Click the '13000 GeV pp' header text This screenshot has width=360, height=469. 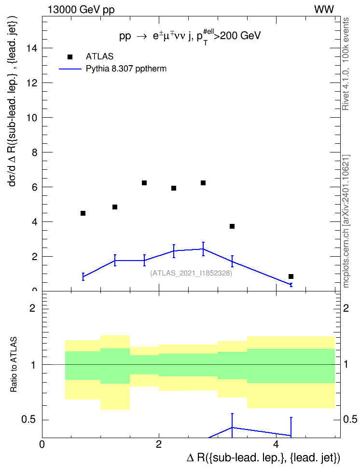coord(81,10)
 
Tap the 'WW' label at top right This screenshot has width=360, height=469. coord(324,9)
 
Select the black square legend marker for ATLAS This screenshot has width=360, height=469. coord(70,57)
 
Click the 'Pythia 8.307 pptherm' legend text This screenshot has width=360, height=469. coord(126,69)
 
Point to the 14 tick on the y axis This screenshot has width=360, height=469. coord(32,48)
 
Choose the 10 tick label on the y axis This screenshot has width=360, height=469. coord(32,118)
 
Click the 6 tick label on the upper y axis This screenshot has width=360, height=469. coord(35,187)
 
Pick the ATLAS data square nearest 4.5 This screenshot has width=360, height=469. coord(83,213)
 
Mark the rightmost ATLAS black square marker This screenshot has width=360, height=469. coord(291,276)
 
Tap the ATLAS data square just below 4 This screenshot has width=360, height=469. coord(232,226)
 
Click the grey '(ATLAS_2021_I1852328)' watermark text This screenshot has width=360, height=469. coord(191,273)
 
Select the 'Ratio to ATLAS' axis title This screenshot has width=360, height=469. coord(14,364)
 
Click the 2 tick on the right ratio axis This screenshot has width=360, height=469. coord(346,308)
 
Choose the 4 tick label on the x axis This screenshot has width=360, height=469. coord(276,444)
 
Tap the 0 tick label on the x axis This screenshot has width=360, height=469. coord(42,444)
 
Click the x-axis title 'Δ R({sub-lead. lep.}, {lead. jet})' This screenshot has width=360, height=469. coord(263,457)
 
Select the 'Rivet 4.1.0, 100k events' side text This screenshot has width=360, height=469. coord(346,64)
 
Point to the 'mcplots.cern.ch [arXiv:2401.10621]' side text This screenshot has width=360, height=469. coord(346,221)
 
